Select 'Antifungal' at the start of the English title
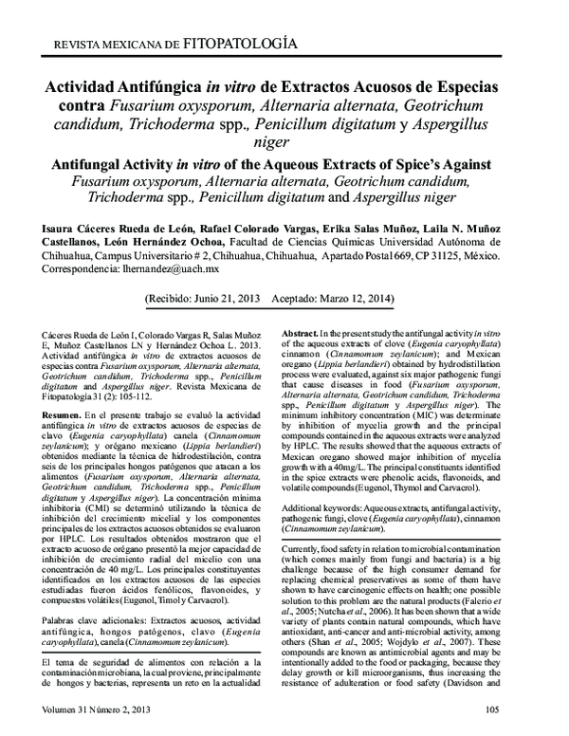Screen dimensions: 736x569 click(83, 163)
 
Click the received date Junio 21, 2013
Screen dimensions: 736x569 click(219, 298)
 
